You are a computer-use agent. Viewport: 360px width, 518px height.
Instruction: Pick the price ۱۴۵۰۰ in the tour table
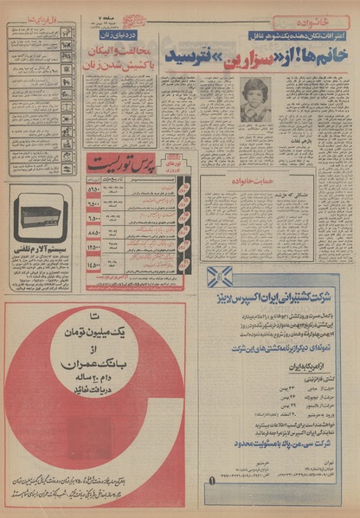(93, 266)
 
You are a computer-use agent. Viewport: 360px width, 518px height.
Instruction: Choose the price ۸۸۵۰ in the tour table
(93, 233)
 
